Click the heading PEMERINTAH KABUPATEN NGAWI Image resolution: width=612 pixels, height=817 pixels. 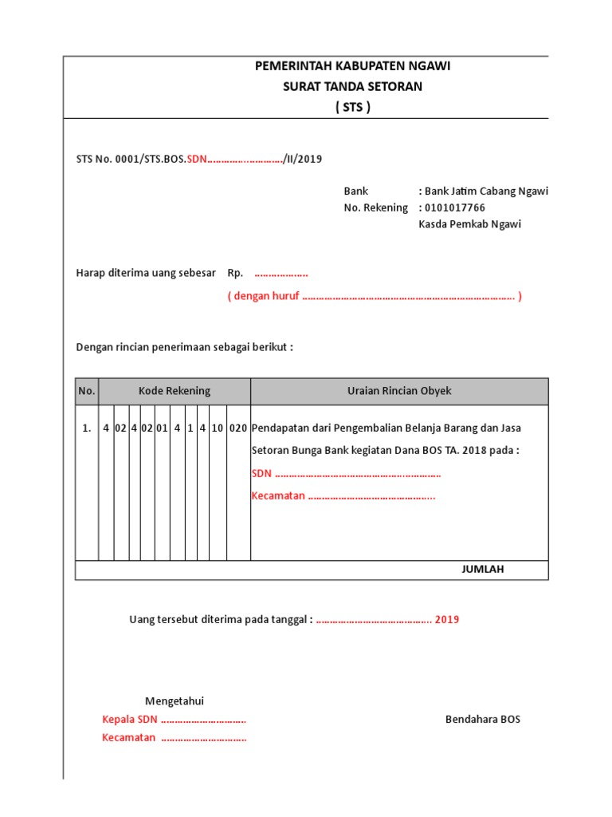point(352,66)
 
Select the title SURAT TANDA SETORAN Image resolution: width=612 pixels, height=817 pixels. point(352,87)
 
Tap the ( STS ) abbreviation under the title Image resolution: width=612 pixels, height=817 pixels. point(352,108)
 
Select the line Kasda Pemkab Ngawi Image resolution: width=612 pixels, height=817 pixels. point(469,224)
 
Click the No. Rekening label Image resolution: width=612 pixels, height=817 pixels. point(375,207)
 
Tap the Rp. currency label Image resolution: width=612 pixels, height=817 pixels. point(235,273)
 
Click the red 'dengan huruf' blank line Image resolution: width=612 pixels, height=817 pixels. point(375,297)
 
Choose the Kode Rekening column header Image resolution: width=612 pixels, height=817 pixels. point(175,391)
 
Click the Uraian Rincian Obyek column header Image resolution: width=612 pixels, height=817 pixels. point(399,391)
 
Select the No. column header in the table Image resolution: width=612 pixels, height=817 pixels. point(87,391)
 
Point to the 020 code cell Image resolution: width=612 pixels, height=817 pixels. point(238,428)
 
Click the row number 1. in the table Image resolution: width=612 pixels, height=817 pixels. point(87,428)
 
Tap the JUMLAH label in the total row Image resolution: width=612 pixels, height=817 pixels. point(483,569)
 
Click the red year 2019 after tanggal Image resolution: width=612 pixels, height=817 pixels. point(447,620)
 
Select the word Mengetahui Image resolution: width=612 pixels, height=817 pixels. point(175,701)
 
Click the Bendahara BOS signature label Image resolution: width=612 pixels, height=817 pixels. point(482,719)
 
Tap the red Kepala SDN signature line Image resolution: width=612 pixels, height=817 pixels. point(174,720)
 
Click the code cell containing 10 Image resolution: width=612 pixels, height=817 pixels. point(217,428)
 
